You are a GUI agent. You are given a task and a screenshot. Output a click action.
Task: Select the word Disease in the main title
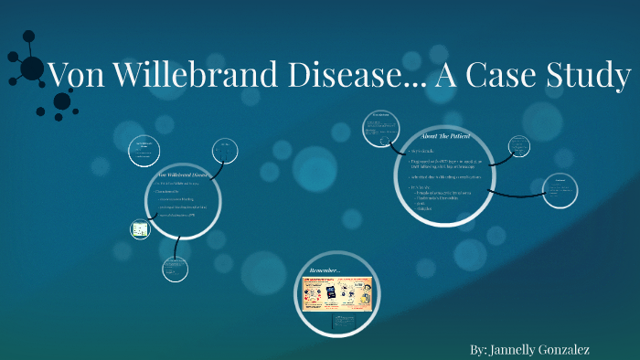point(334,76)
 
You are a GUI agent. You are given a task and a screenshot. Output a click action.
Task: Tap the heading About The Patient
point(446,136)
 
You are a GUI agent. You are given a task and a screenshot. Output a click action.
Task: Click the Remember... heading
point(325,270)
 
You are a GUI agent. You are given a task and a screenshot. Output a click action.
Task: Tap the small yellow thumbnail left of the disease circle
point(140,229)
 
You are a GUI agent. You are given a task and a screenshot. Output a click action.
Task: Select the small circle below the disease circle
point(175,268)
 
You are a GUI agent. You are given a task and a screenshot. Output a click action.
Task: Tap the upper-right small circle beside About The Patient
point(520,146)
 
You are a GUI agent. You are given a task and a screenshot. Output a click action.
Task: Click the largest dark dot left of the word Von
point(32,69)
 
